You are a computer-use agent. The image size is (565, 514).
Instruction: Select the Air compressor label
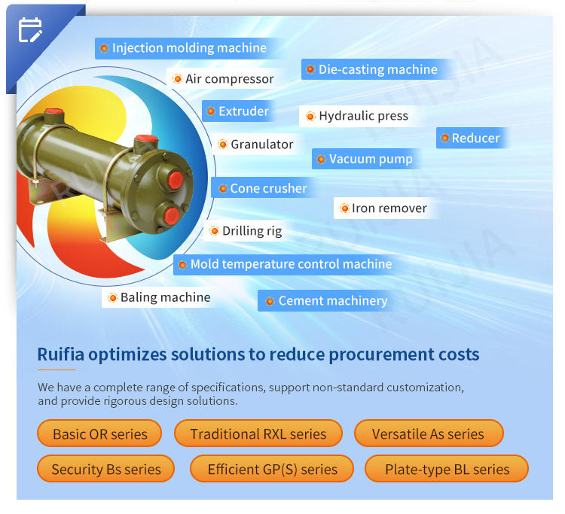[x=224, y=79]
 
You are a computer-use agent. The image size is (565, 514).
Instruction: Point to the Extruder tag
[x=239, y=111]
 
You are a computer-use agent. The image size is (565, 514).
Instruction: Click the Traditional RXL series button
[x=258, y=433]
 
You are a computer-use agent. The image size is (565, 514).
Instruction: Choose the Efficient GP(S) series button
[x=272, y=469]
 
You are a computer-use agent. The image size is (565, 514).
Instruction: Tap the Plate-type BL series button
[x=447, y=469]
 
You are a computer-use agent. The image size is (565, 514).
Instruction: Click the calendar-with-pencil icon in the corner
[x=30, y=30]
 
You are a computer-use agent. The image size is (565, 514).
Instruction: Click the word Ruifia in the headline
[x=60, y=354]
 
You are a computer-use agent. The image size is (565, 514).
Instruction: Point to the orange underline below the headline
[x=56, y=370]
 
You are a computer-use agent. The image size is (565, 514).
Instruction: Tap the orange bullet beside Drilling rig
[x=215, y=231]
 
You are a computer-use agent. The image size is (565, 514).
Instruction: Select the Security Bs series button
[x=106, y=469]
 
